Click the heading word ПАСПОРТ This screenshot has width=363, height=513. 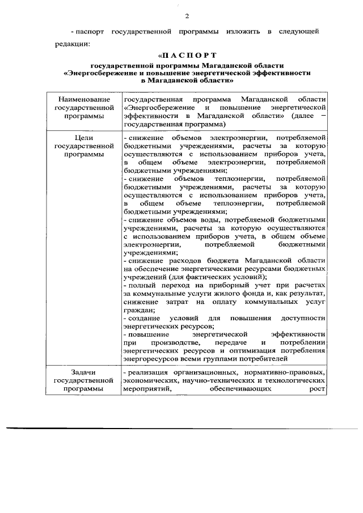coord(191,56)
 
